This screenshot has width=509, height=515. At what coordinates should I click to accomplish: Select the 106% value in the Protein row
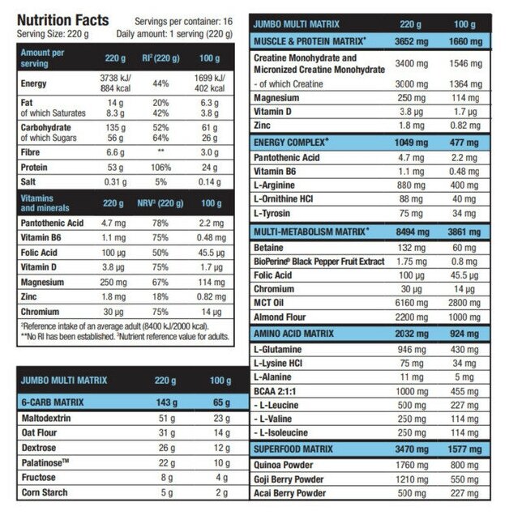click(161, 166)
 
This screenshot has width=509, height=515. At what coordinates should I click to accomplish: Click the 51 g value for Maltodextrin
click(166, 418)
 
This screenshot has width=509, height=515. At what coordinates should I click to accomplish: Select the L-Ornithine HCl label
click(293, 198)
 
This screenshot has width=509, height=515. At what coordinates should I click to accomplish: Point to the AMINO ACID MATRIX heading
click(295, 334)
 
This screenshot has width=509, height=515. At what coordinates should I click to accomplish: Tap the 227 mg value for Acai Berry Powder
click(463, 493)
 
